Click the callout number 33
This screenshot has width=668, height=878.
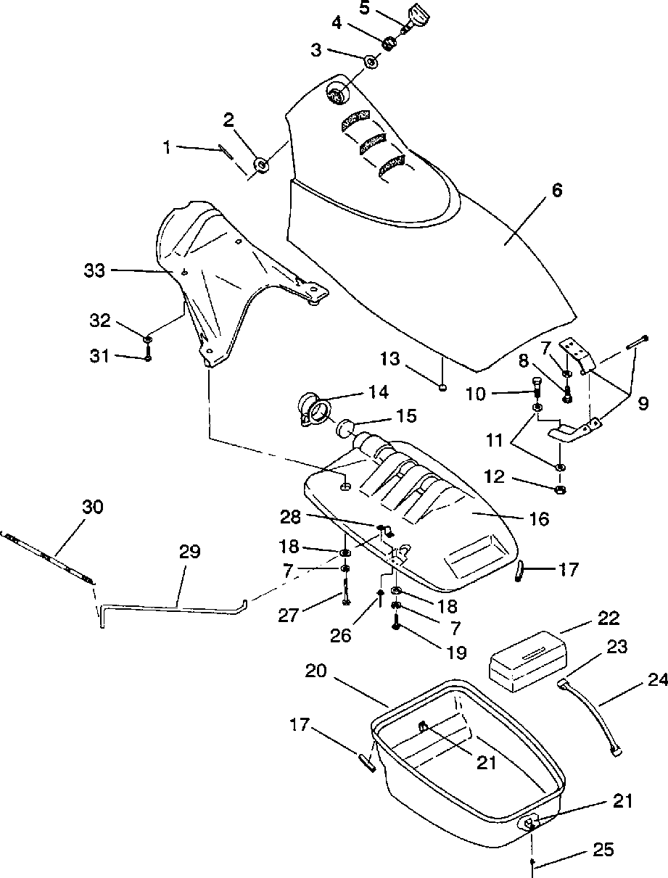(x=94, y=271)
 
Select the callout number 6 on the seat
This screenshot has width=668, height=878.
(x=557, y=191)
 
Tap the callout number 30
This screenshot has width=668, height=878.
(x=93, y=507)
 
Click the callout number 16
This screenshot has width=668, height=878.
(x=539, y=519)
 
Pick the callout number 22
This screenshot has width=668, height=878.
(x=609, y=618)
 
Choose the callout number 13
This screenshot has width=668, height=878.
(x=390, y=359)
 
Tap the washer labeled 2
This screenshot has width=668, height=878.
(x=262, y=165)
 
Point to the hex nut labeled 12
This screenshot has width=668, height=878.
(x=560, y=489)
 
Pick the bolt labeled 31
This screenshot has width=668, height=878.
(x=148, y=354)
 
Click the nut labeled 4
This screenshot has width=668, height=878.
(x=389, y=43)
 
